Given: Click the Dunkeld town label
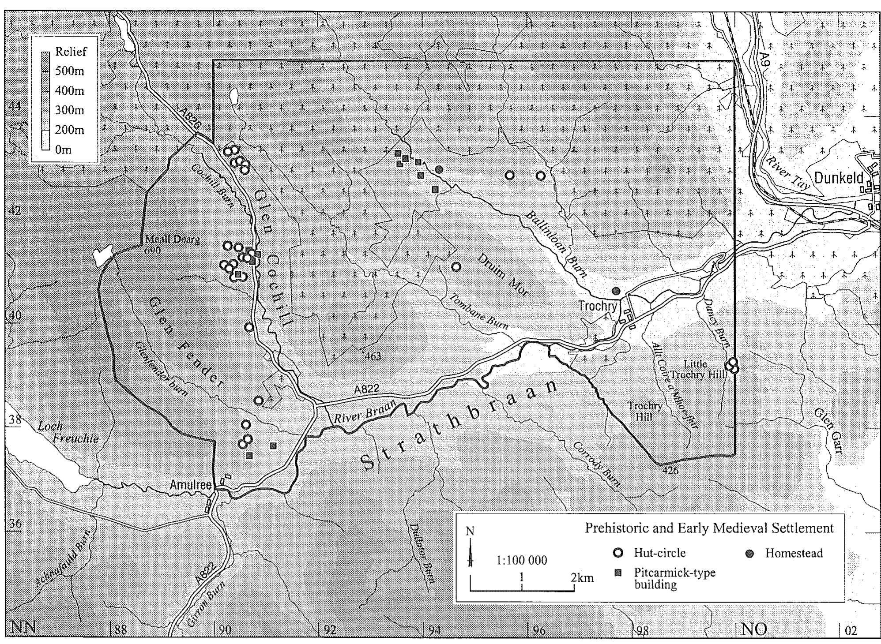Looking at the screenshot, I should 839,178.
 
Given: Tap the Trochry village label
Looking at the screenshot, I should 597,306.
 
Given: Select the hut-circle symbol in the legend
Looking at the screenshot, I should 619,553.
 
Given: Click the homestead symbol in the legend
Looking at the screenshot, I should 749,553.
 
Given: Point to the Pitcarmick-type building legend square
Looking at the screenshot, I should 618,573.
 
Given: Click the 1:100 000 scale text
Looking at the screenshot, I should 522,561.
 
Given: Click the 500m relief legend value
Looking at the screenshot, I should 70,71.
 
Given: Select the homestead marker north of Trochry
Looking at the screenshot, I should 616,291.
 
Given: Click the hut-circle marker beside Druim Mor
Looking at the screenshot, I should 456,267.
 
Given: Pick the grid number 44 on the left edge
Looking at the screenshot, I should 15,107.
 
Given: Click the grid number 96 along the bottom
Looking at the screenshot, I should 539,630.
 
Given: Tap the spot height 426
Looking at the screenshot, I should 670,470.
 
